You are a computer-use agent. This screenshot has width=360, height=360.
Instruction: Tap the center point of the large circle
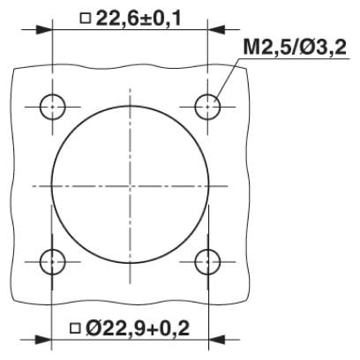point(130,185)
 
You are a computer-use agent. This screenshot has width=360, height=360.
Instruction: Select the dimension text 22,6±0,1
point(139,19)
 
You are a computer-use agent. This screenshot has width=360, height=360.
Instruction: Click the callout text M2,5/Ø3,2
point(295,47)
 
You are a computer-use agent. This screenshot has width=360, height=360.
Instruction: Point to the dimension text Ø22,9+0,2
point(138,328)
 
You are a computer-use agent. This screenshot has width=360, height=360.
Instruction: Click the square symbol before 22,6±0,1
point(86,19)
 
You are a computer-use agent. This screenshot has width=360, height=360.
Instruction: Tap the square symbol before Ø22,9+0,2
point(75,328)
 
